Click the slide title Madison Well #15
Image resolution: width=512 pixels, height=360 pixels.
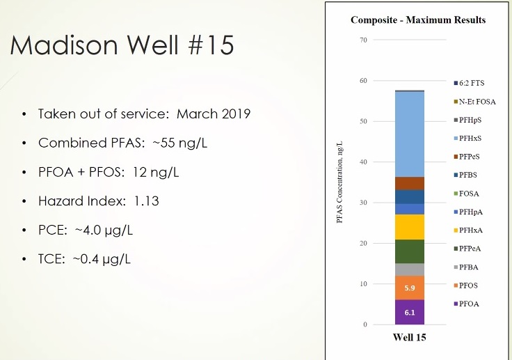[122, 46]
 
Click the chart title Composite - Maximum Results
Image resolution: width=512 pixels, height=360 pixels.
[418, 20]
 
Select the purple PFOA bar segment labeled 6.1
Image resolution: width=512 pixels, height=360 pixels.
[410, 313]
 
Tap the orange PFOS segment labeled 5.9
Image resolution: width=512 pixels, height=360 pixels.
[410, 288]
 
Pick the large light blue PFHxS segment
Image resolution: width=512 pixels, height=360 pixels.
[410, 134]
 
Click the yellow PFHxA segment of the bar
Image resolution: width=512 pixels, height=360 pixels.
[410, 227]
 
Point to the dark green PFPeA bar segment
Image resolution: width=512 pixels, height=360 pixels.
[410, 251]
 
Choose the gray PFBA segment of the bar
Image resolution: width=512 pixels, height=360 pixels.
[410, 269]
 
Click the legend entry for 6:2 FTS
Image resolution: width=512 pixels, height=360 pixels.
[473, 83]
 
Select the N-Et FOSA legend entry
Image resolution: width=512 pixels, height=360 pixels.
[477, 102]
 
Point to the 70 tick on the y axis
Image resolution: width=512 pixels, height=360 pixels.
[363, 40]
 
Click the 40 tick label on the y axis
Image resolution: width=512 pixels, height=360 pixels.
[363, 162]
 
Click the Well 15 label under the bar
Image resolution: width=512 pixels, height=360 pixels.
[410, 338]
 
